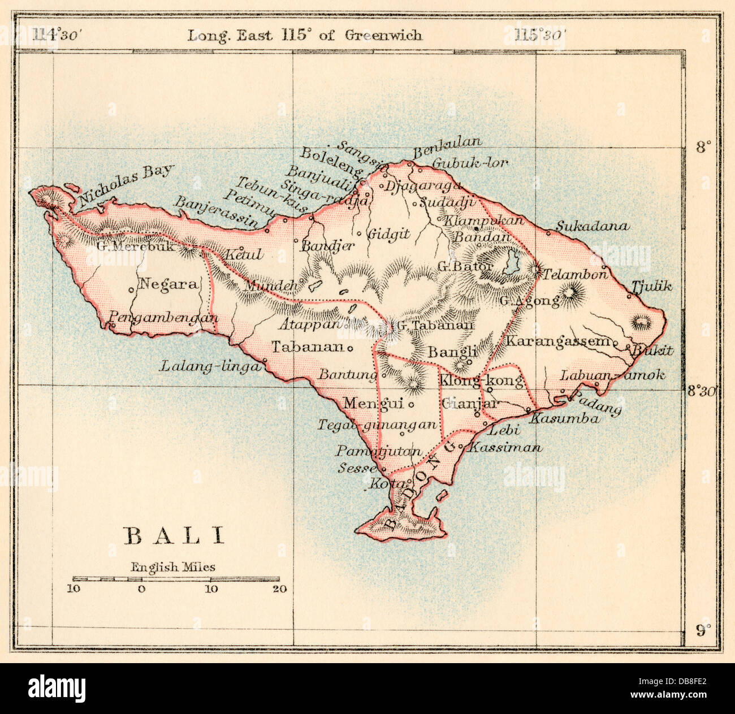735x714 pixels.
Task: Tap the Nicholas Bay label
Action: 126,184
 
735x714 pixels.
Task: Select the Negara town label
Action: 168,284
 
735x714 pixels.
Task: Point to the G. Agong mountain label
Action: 529,301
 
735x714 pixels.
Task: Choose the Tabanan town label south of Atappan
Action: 308,347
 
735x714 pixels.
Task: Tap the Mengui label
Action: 373,403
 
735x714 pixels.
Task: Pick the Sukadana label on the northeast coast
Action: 591,226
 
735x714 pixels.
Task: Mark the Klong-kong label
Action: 481,380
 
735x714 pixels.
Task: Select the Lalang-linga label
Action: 209,366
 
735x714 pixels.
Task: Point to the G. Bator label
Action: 465,266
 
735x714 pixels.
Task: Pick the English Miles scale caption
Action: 173,566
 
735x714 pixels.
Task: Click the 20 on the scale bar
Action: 279,589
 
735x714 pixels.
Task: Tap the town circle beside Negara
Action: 131,290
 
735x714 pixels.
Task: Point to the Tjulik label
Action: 652,286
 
